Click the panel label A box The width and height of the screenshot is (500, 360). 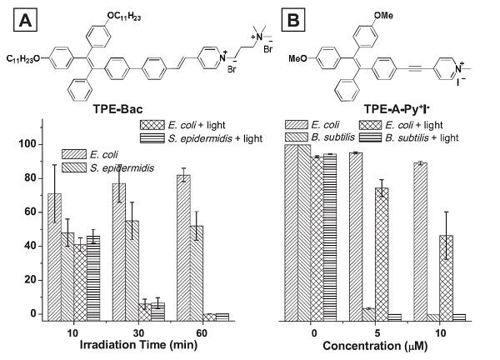point(25,20)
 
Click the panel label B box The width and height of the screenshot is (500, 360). point(293,20)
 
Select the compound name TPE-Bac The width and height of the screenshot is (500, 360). point(117,109)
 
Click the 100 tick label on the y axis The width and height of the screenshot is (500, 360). point(28,144)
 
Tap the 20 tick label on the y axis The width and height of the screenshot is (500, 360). point(32,280)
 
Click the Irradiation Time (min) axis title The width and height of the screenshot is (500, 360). point(138,345)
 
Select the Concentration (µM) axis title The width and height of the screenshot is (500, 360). point(375,346)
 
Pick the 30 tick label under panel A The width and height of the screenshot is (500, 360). point(138,333)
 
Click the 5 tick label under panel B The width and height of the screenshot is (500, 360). point(377,333)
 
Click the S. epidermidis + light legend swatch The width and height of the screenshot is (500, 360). point(152,138)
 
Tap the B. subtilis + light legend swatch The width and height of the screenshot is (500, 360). point(370,137)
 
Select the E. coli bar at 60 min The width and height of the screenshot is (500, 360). point(183,247)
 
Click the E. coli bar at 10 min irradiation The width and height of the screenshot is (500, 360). point(54,257)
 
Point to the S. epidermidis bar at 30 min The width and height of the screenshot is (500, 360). point(132,270)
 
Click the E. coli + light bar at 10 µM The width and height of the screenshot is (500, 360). point(446,278)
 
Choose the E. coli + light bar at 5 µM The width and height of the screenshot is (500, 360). point(382,254)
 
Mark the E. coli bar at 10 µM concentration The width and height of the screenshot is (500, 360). point(420,242)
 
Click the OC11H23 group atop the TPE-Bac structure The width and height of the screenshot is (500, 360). point(124,17)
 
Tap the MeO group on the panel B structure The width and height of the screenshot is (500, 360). point(297,58)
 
